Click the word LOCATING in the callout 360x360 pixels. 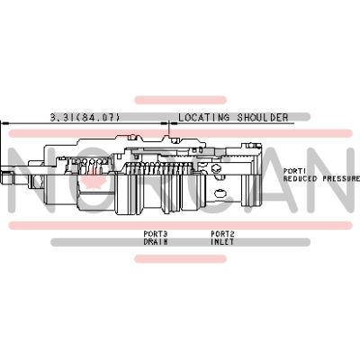pos(204,117)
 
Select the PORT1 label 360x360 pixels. pos(295,170)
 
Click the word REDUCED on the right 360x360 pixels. pos(299,178)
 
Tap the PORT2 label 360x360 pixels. pos(222,234)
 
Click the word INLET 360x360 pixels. pos(222,241)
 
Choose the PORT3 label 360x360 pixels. pos(156,234)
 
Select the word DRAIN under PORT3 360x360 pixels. pos(156,241)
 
